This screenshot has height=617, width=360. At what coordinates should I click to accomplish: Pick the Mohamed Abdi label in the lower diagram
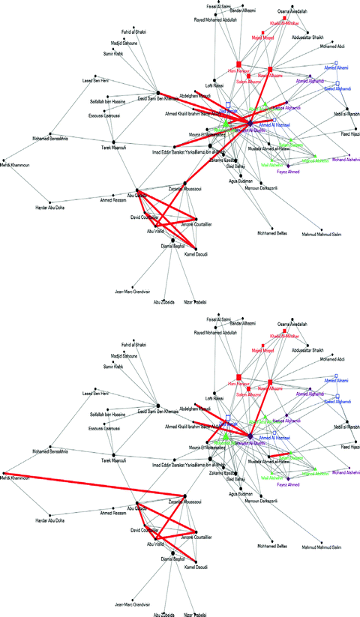pyautogui.click(x=330, y=361)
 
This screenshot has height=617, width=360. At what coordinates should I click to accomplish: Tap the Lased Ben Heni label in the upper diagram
pyautogui.click(x=96, y=79)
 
